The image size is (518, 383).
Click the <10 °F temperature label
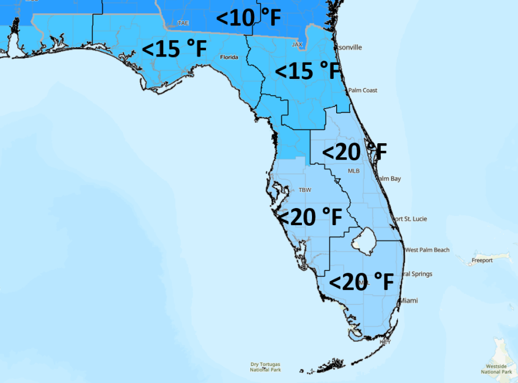248,18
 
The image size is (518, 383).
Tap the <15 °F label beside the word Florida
174,49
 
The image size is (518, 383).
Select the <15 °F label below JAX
308,71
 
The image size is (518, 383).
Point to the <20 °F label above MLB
354,152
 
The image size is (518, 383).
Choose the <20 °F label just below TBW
310,217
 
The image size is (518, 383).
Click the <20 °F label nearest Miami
361,282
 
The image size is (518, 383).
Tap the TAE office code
184,24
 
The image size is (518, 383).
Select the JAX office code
297,44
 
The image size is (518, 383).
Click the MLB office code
353,171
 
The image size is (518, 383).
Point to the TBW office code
304,190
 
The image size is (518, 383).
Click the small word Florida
228,57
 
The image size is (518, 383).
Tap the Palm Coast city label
362,90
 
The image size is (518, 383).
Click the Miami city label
409,301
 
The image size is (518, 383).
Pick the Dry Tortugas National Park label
265,367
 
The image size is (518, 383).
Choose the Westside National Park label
497,369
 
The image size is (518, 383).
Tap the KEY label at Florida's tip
386,341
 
